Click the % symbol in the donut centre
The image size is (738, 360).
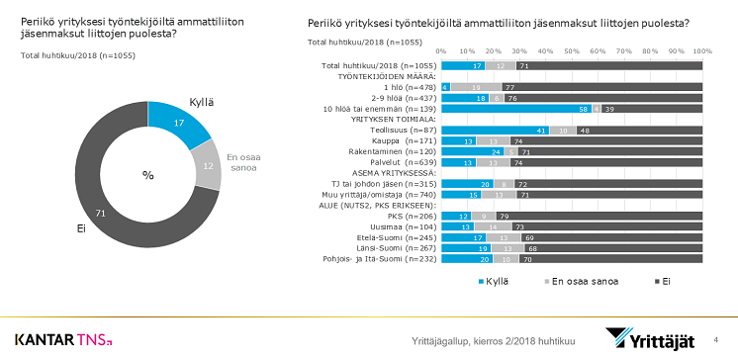(x=148, y=174)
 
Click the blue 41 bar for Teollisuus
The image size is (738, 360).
(x=494, y=130)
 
